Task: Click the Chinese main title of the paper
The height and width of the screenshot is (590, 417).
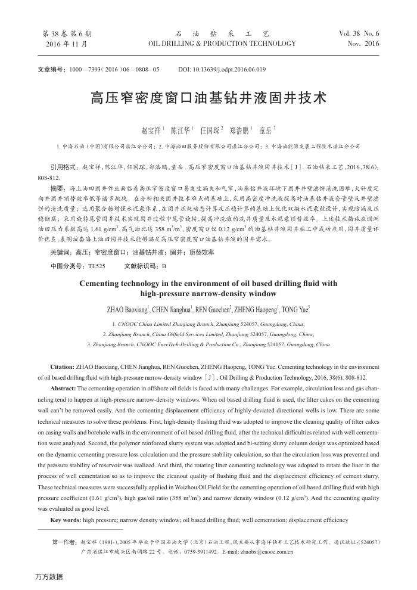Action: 208,98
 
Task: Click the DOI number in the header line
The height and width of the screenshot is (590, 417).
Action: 222,70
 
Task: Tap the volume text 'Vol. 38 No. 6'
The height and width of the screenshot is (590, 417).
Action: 359,34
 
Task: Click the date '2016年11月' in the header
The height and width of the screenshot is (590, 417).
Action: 66,44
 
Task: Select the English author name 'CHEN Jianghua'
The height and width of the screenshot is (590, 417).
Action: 172,309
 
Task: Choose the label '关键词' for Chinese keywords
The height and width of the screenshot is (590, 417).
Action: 61,252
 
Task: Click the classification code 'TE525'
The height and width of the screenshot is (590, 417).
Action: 97,265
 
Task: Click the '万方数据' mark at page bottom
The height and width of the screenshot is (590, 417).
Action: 49,577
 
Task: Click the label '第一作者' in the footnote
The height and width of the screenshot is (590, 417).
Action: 65,542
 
